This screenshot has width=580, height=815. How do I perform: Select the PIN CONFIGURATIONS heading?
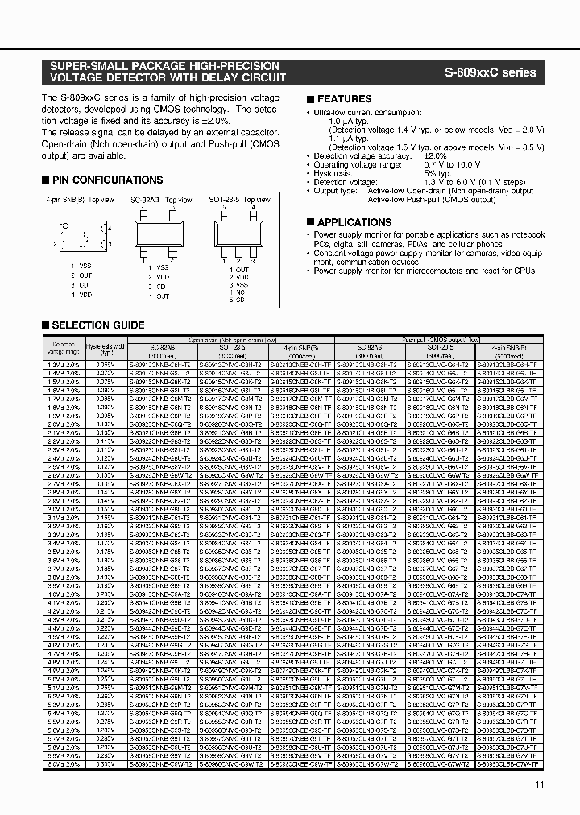pyautogui.click(x=106, y=180)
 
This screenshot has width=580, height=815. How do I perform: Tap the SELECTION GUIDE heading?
pyautogui.click(x=97, y=325)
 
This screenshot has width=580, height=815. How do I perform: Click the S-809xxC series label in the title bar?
pyautogui.click(x=490, y=72)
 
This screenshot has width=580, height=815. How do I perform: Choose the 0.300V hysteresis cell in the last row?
pyautogui.click(x=104, y=762)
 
